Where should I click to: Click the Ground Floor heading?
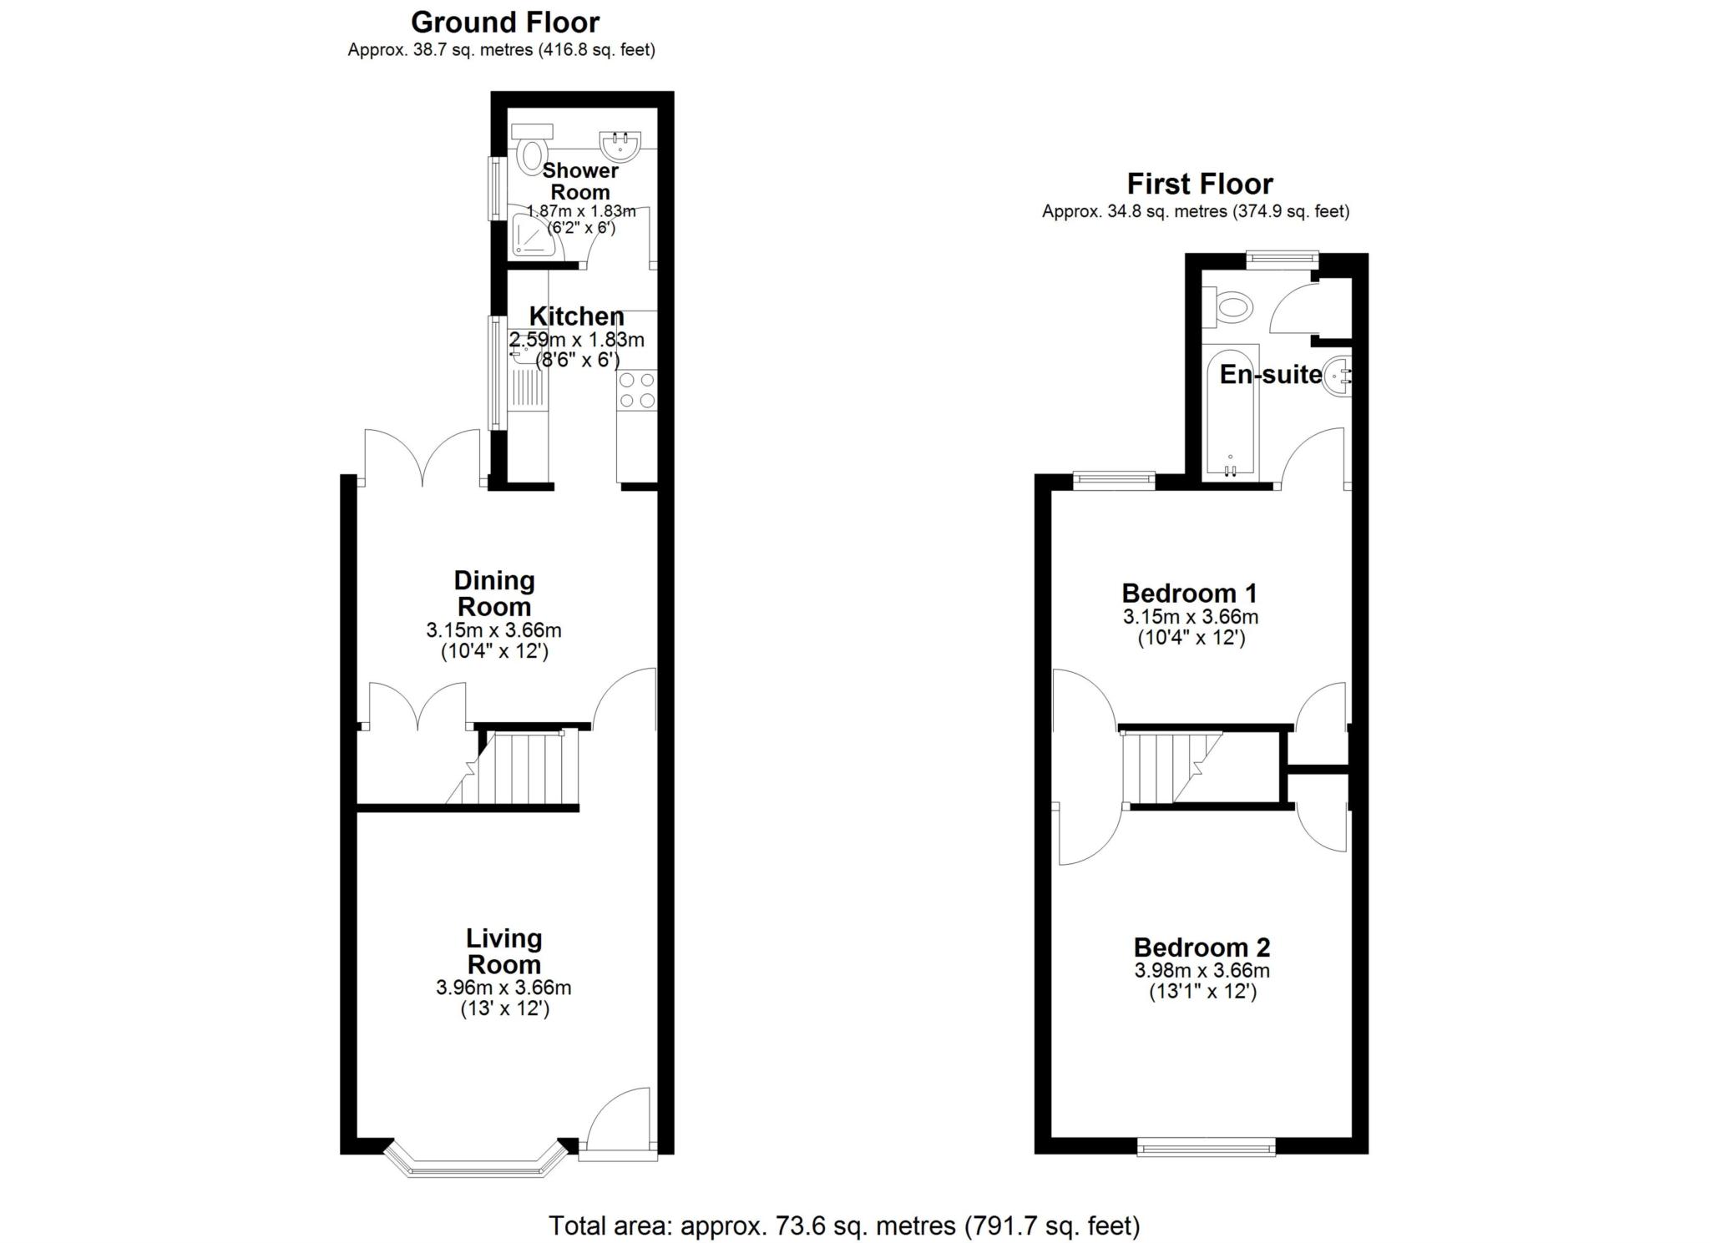(505, 22)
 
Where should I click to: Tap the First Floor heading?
(1200, 184)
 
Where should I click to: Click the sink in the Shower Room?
(620, 145)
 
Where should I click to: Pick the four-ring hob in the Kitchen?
(637, 390)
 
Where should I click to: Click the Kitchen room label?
(577, 316)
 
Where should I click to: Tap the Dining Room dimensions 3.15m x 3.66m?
(493, 630)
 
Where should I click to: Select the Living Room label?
(504, 951)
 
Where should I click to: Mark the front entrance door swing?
(619, 1119)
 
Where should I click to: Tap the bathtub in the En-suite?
(1229, 412)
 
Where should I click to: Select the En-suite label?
(1271, 375)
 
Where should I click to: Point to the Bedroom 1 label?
(1189, 594)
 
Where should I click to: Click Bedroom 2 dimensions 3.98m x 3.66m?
(1202, 971)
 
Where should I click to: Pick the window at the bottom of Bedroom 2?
(1207, 1147)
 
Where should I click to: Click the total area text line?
(843, 1225)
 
